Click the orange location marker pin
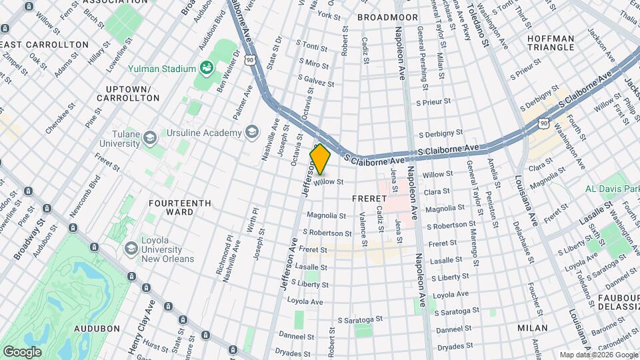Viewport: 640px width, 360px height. pyautogui.click(x=321, y=159)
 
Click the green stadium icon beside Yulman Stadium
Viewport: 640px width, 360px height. pyautogui.click(x=208, y=68)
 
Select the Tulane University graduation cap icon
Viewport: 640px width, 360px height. pyautogui.click(x=151, y=137)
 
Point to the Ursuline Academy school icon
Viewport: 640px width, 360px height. pyautogui.click(x=252, y=132)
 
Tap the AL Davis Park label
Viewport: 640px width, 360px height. pyautogui.click(x=613, y=189)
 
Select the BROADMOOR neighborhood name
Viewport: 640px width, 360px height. pyautogui.click(x=387, y=17)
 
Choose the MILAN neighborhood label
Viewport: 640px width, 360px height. pyautogui.click(x=532, y=328)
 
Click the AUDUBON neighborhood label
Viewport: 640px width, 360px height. pyautogui.click(x=97, y=329)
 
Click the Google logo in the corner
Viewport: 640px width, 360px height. pyautogui.click(x=22, y=351)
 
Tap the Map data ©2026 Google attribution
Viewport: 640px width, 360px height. pyautogui.click(x=598, y=355)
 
